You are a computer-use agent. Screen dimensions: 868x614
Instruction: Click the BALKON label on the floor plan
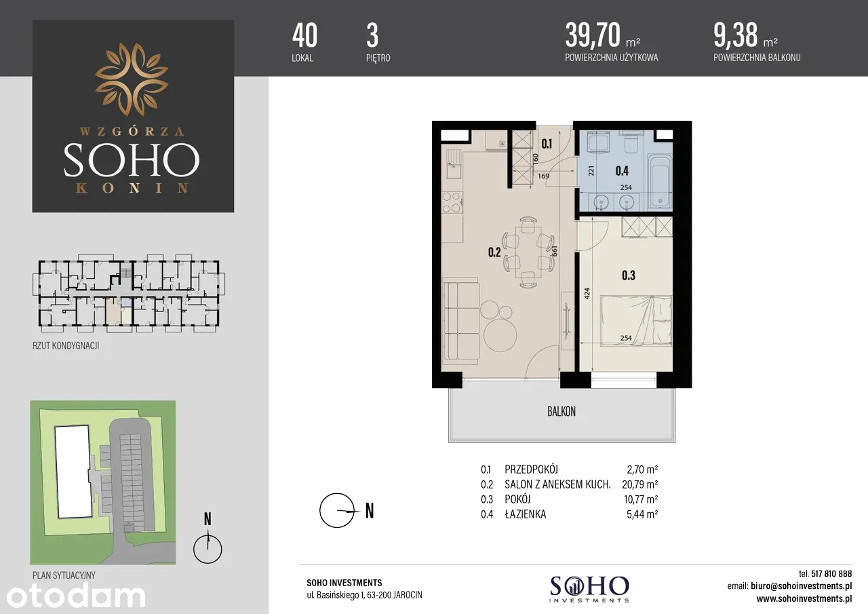[x=561, y=412]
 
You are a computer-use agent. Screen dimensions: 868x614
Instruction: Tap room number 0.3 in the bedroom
[x=628, y=275]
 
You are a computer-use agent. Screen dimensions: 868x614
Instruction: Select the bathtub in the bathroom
[x=660, y=181]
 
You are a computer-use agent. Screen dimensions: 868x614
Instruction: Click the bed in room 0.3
[x=636, y=320]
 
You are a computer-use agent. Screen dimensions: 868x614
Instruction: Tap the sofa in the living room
[x=460, y=321]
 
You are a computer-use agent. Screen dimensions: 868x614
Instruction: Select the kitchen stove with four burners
[x=452, y=202]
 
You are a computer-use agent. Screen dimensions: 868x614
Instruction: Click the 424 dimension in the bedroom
[x=587, y=294]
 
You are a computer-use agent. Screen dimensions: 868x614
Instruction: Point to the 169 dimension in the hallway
[x=543, y=176]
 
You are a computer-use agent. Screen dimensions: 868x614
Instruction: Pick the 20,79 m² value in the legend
[x=639, y=484]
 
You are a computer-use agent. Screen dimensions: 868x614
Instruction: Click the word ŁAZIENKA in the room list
[x=525, y=514]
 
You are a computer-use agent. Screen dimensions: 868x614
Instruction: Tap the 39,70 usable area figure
[x=593, y=35]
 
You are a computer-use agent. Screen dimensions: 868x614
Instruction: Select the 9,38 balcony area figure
[x=736, y=35]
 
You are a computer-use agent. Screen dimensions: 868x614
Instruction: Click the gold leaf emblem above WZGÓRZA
[x=132, y=79]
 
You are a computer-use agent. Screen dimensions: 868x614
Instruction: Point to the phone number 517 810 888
[x=831, y=574]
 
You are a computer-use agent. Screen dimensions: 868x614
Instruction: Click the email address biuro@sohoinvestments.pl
[x=801, y=586]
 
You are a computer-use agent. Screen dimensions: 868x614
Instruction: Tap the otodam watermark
[x=76, y=596]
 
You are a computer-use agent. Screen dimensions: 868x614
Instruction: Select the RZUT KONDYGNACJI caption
[x=66, y=346]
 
